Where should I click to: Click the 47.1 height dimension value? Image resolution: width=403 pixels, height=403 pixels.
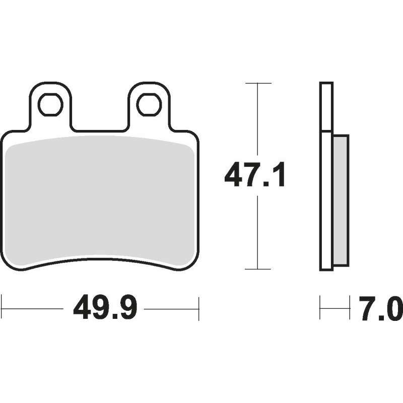tap(255, 174)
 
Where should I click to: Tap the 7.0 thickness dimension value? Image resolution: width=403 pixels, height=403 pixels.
tap(381, 308)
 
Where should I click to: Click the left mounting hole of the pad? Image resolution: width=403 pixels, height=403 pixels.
tap(50, 105)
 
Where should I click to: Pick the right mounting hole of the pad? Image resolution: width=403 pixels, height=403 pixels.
tap(149, 105)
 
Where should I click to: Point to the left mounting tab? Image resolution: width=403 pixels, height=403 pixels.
tap(50, 106)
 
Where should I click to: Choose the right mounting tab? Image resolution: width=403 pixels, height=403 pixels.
tap(149, 106)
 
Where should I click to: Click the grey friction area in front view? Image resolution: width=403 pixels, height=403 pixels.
tap(100, 200)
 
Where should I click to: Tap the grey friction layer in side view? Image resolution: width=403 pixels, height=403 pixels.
tap(341, 200)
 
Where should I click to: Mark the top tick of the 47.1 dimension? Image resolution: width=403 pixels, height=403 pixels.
tap(258, 83)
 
